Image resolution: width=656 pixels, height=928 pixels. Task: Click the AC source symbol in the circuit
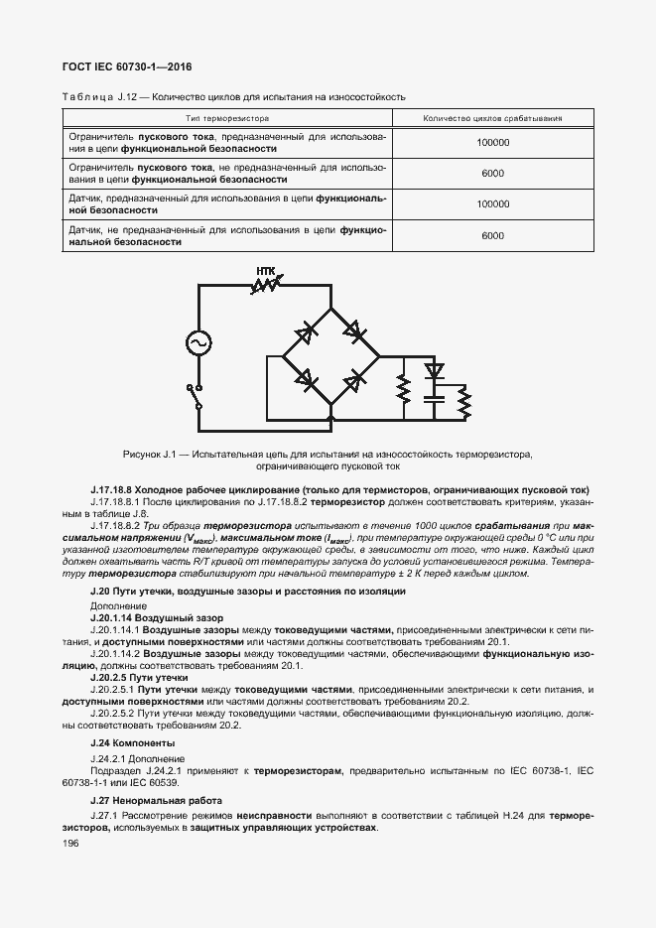[198, 342]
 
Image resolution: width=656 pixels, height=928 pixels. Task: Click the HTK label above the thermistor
[266, 269]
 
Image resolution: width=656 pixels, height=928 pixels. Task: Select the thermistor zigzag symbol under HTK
[266, 286]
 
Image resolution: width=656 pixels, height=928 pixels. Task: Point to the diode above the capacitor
[433, 372]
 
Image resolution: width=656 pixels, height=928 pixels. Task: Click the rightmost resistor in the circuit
[462, 402]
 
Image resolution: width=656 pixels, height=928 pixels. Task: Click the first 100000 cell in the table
[492, 143]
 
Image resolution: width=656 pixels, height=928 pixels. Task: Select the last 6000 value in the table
[492, 235]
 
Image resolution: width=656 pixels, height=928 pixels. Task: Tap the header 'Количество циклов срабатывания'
[492, 118]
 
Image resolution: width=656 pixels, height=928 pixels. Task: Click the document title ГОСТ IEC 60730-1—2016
[128, 66]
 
